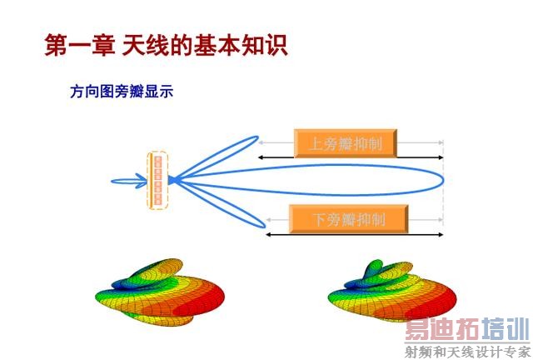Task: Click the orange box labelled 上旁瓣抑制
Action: point(345,143)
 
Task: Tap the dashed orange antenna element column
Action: point(158,180)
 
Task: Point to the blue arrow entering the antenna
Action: point(129,180)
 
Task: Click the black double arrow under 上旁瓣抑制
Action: point(351,157)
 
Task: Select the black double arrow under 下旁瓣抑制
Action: point(353,235)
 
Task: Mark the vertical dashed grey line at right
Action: point(443,200)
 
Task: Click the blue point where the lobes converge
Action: point(172,179)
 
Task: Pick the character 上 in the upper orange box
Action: point(317,143)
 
